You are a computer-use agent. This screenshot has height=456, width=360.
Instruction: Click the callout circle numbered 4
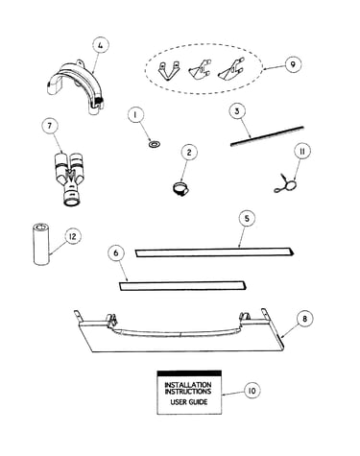(x=101, y=46)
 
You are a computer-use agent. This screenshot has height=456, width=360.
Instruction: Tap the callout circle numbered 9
(x=293, y=64)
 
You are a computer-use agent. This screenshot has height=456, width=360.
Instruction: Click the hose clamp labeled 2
(x=181, y=188)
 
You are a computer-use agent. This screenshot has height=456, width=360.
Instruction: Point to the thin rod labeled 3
(x=267, y=136)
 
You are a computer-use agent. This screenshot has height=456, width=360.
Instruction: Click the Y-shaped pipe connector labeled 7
(x=69, y=180)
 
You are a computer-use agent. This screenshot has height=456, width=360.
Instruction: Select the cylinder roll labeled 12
(x=41, y=244)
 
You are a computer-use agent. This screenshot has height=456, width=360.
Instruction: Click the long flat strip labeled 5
(x=214, y=252)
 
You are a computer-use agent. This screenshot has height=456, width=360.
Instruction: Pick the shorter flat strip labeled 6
(x=182, y=286)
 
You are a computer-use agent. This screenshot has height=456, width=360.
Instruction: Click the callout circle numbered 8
(x=304, y=319)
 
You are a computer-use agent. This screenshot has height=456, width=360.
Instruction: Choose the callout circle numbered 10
(x=252, y=391)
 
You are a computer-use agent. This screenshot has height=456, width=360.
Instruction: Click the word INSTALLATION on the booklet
(x=188, y=384)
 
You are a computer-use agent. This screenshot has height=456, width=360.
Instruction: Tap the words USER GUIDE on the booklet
(x=189, y=402)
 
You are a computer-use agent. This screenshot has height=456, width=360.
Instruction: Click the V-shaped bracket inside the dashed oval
(x=168, y=71)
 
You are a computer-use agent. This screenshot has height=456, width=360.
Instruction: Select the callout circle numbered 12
(x=73, y=236)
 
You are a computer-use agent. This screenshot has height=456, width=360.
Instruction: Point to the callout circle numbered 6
(x=116, y=252)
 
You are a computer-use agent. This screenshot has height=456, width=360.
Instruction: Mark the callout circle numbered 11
(x=301, y=151)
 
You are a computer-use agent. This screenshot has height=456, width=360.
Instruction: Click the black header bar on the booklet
(x=189, y=373)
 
